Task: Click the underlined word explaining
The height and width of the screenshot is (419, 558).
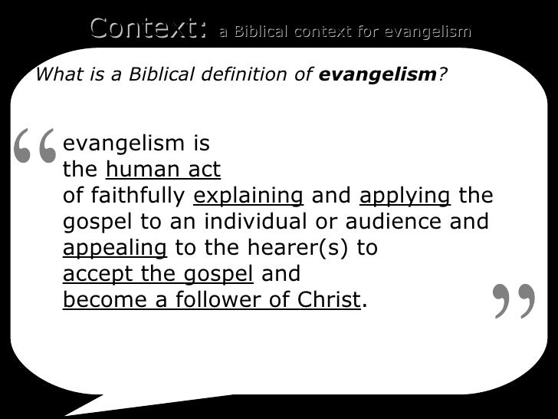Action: pyautogui.click(x=248, y=196)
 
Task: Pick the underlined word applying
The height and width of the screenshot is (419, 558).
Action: pyautogui.click(x=405, y=196)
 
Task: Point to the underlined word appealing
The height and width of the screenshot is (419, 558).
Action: pyautogui.click(x=114, y=249)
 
